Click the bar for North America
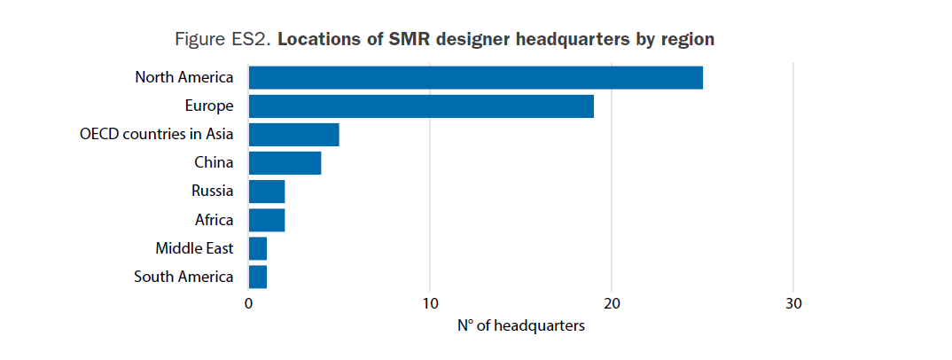(x=475, y=77)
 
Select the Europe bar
(x=421, y=106)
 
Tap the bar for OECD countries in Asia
(x=293, y=135)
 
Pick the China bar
(x=285, y=163)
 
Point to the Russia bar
(x=267, y=192)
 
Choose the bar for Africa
(x=267, y=220)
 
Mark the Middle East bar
(x=258, y=248)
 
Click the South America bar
(x=258, y=277)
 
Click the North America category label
(x=184, y=77)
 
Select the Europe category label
(x=209, y=106)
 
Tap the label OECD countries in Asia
(x=157, y=135)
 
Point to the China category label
(x=214, y=163)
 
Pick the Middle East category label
(x=194, y=248)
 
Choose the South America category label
(x=183, y=277)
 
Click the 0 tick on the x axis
(x=248, y=303)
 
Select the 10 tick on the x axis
(x=430, y=303)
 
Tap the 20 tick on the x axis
(x=612, y=303)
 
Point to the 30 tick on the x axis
(x=793, y=303)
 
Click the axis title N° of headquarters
(x=521, y=326)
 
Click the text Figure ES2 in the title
(x=226, y=40)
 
